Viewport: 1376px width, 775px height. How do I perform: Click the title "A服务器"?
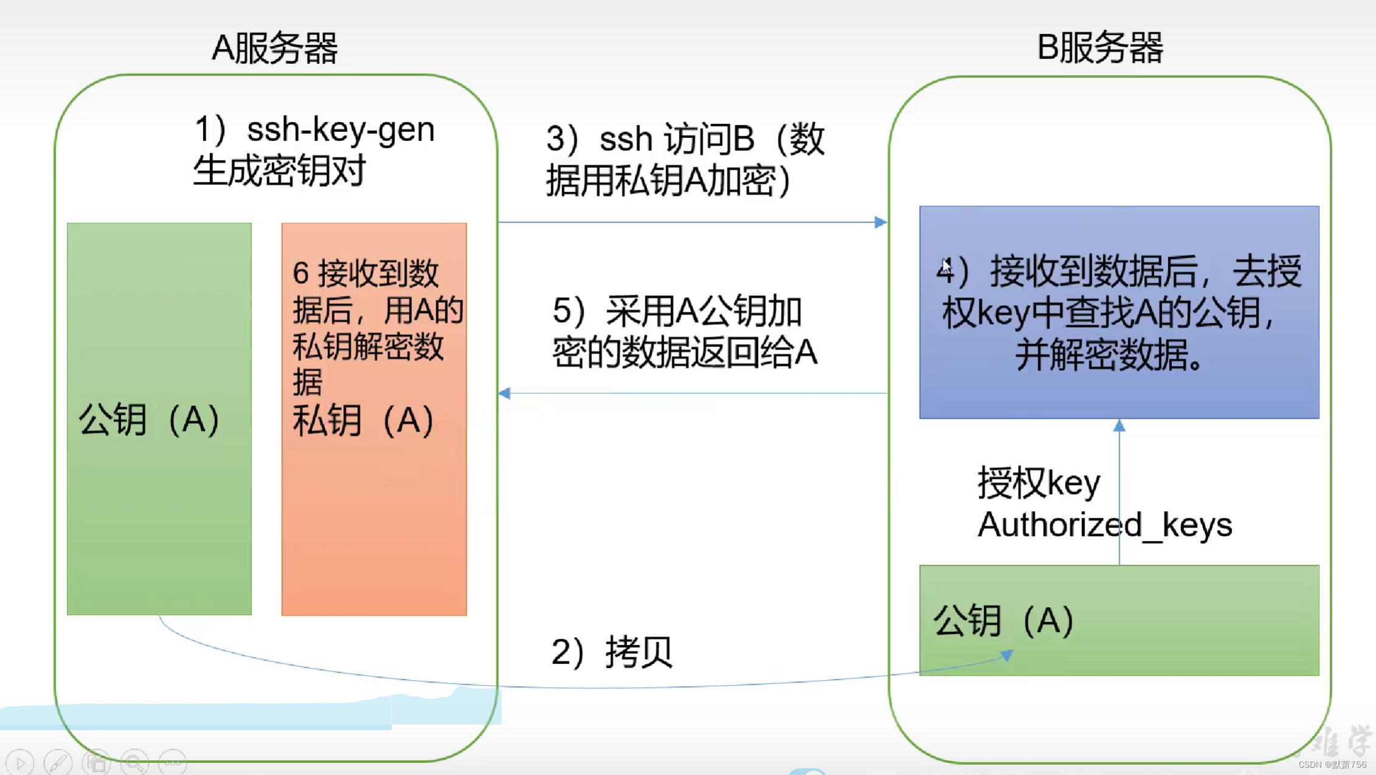(274, 48)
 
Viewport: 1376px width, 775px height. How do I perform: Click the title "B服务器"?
(1099, 47)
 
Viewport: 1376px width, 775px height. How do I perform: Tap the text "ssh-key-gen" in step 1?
(341, 129)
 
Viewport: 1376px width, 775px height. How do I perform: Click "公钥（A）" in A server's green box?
(149, 419)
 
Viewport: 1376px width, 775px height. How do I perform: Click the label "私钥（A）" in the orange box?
(363, 421)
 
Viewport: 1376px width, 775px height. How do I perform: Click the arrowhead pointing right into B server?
(880, 222)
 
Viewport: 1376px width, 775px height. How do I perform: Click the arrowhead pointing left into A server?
(505, 393)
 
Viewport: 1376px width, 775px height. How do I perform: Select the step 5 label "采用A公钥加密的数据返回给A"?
(684, 332)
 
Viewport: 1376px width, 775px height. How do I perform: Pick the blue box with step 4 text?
(1119, 312)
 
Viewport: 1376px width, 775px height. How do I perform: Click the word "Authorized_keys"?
(1104, 525)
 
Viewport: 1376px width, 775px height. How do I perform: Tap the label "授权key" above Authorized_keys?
(1038, 484)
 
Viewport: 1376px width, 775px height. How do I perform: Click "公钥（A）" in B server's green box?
(1004, 621)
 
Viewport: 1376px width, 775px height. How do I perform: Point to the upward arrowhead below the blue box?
(1119, 426)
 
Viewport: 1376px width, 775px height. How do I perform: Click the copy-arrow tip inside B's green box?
(1007, 655)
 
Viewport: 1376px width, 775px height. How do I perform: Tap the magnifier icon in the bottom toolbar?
(134, 762)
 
